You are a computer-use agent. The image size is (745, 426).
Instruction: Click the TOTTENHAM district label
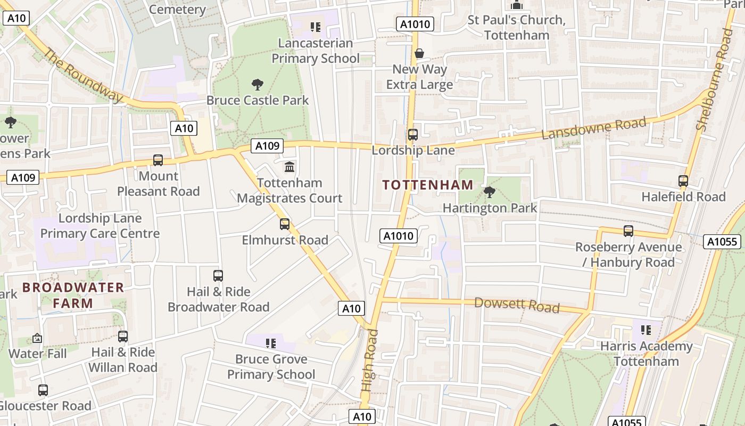pos(428,185)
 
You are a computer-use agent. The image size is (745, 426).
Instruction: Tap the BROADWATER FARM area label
pos(73,296)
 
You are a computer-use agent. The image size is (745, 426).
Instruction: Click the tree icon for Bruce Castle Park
pos(258,84)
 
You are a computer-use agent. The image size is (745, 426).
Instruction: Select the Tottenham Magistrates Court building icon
pos(289,167)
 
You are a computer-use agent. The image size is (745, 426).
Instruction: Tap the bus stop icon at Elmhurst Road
pos(285,224)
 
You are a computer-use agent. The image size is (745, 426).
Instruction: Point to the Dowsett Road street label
pos(516,305)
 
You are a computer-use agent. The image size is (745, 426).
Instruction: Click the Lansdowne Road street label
pos(593,128)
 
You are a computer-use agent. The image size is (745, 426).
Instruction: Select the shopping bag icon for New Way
pos(419,53)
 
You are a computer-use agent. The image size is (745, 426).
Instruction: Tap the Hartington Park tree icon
pos(490,192)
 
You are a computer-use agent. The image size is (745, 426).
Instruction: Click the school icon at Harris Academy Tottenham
pos(645,330)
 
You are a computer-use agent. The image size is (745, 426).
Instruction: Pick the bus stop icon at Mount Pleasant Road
pos(158,160)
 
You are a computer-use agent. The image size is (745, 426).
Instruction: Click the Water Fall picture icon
pos(37,338)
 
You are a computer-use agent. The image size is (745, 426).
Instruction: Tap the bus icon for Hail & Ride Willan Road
pos(123,337)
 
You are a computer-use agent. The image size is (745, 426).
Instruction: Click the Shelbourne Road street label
pos(715,80)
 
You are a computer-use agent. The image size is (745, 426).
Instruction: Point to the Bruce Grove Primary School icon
pos(271,343)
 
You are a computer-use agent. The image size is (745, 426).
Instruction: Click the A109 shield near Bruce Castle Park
pos(267,146)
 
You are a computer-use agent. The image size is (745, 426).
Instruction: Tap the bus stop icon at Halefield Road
pos(683,181)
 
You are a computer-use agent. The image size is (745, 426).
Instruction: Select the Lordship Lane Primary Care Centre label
pos(100,226)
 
